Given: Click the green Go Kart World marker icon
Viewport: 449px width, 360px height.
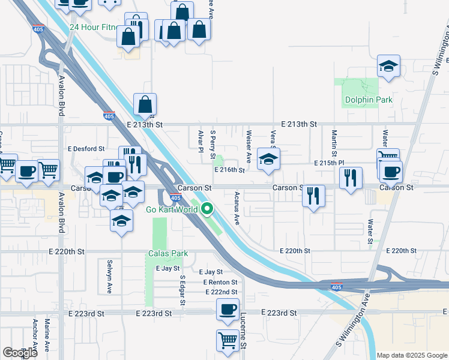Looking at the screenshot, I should tap(208, 209).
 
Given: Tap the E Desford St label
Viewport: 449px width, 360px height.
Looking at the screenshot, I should tap(86, 148).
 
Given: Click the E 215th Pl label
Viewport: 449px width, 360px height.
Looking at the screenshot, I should tap(330, 163).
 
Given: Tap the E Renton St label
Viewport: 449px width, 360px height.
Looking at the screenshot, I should tap(220, 282).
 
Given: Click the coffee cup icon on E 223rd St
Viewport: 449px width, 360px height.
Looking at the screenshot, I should tap(228, 309).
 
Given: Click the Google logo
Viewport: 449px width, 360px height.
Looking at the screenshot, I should tap(20, 353).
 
